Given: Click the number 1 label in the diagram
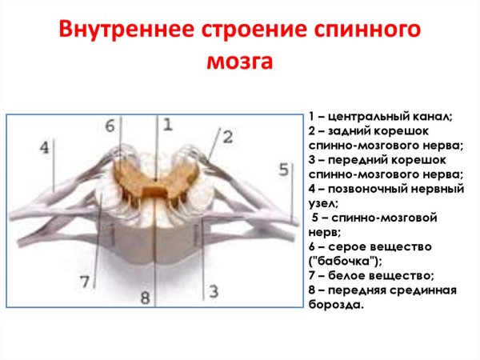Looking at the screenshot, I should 167,123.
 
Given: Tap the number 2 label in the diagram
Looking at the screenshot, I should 227,137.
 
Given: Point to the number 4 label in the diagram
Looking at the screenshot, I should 46,147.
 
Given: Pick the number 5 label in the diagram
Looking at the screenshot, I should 283,169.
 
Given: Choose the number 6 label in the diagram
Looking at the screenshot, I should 110,125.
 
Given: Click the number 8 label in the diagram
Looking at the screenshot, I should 145,298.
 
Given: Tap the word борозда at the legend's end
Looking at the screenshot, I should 335,305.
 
